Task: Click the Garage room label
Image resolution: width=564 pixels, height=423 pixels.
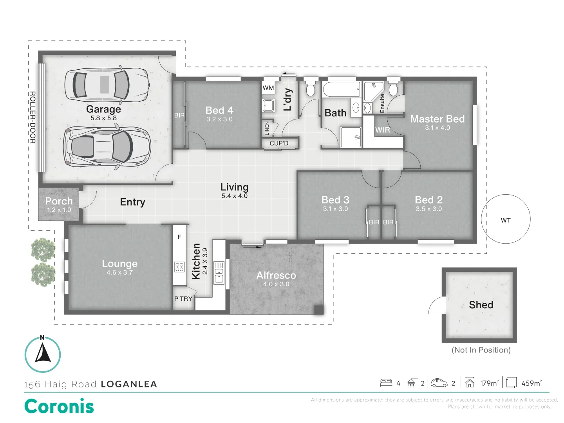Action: pyautogui.click(x=103, y=109)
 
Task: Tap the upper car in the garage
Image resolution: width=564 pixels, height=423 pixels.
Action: pyautogui.click(x=107, y=85)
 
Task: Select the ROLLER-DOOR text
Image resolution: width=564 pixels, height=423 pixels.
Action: pyautogui.click(x=33, y=117)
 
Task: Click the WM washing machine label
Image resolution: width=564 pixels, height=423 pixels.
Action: pyautogui.click(x=268, y=88)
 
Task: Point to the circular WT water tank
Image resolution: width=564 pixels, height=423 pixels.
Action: pyautogui.click(x=506, y=219)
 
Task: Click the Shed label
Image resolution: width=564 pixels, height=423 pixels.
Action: pyautogui.click(x=481, y=305)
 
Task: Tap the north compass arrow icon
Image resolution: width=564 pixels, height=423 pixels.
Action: pyautogui.click(x=43, y=352)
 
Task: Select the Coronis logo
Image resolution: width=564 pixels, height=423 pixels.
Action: pyautogui.click(x=59, y=406)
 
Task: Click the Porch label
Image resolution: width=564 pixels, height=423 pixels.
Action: pyautogui.click(x=59, y=201)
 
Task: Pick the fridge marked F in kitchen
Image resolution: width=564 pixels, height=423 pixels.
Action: pyautogui.click(x=179, y=237)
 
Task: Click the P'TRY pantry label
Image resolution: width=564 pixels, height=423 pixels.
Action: pyautogui.click(x=183, y=299)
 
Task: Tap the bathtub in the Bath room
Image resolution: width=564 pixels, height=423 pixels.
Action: pyautogui.click(x=342, y=90)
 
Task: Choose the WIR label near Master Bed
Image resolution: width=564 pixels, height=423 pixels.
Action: pyautogui.click(x=383, y=130)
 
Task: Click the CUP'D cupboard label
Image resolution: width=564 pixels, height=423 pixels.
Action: pyautogui.click(x=279, y=143)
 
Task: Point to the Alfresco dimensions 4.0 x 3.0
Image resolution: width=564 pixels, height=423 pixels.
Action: pyautogui.click(x=276, y=284)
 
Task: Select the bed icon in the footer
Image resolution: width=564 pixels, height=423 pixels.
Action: pyautogui.click(x=386, y=383)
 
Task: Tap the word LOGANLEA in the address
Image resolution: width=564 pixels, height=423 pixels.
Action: pyautogui.click(x=129, y=384)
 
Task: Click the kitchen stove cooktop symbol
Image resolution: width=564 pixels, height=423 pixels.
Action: pyautogui.click(x=179, y=267)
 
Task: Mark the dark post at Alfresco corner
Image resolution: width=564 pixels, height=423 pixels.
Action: pyautogui.click(x=319, y=310)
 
